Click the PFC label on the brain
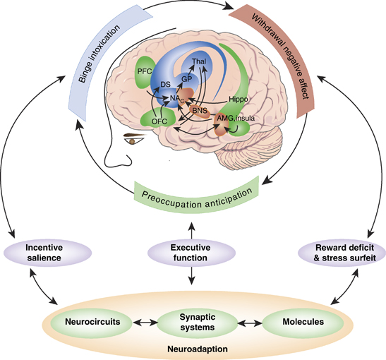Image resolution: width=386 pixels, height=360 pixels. [145, 71]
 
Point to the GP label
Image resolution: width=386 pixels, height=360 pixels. [187, 80]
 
